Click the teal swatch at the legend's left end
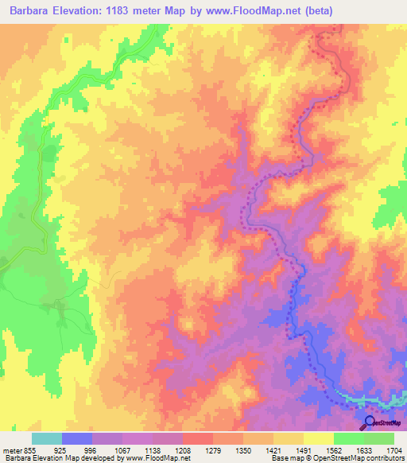coord(47,438)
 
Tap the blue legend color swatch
coord(77,438)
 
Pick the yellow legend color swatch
coord(318,438)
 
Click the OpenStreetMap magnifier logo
coord(368,422)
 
